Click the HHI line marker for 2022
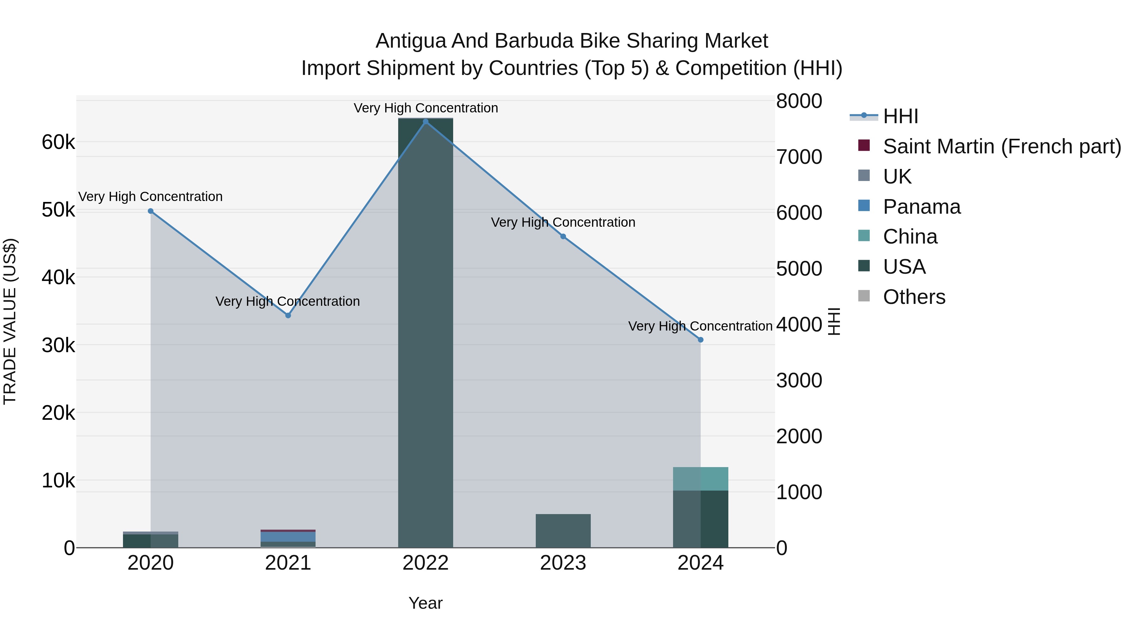coord(426,122)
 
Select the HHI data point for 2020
coord(151,211)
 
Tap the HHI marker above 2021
coord(288,316)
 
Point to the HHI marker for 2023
coord(563,237)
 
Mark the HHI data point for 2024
coord(701,340)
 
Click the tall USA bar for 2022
coord(426,333)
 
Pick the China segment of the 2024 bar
coord(701,479)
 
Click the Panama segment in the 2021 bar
coord(288,537)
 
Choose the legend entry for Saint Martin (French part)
coord(1002,146)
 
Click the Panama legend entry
coord(922,207)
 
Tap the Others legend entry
coord(914,297)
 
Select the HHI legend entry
coord(900,116)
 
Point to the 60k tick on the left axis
coord(58,143)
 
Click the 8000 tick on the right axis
coord(799,101)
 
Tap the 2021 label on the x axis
coord(288,563)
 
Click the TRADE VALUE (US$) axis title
coord(10,321)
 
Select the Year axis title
coord(426,603)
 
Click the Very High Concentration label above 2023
coord(563,222)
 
